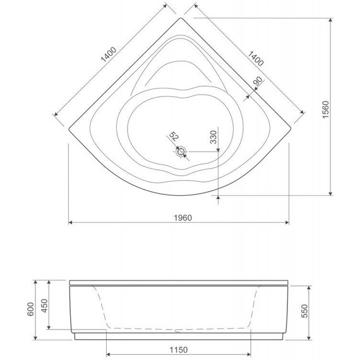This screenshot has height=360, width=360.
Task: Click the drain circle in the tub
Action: [181, 152]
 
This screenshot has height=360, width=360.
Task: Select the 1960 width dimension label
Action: [181, 217]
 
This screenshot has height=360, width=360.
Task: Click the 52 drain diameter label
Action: [174, 138]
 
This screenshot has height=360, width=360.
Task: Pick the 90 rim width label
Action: [258, 81]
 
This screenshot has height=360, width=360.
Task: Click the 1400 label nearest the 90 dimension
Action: [255, 58]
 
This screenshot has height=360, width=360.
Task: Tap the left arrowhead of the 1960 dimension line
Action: [69, 223]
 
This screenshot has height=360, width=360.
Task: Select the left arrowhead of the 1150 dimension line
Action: [108, 354]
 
